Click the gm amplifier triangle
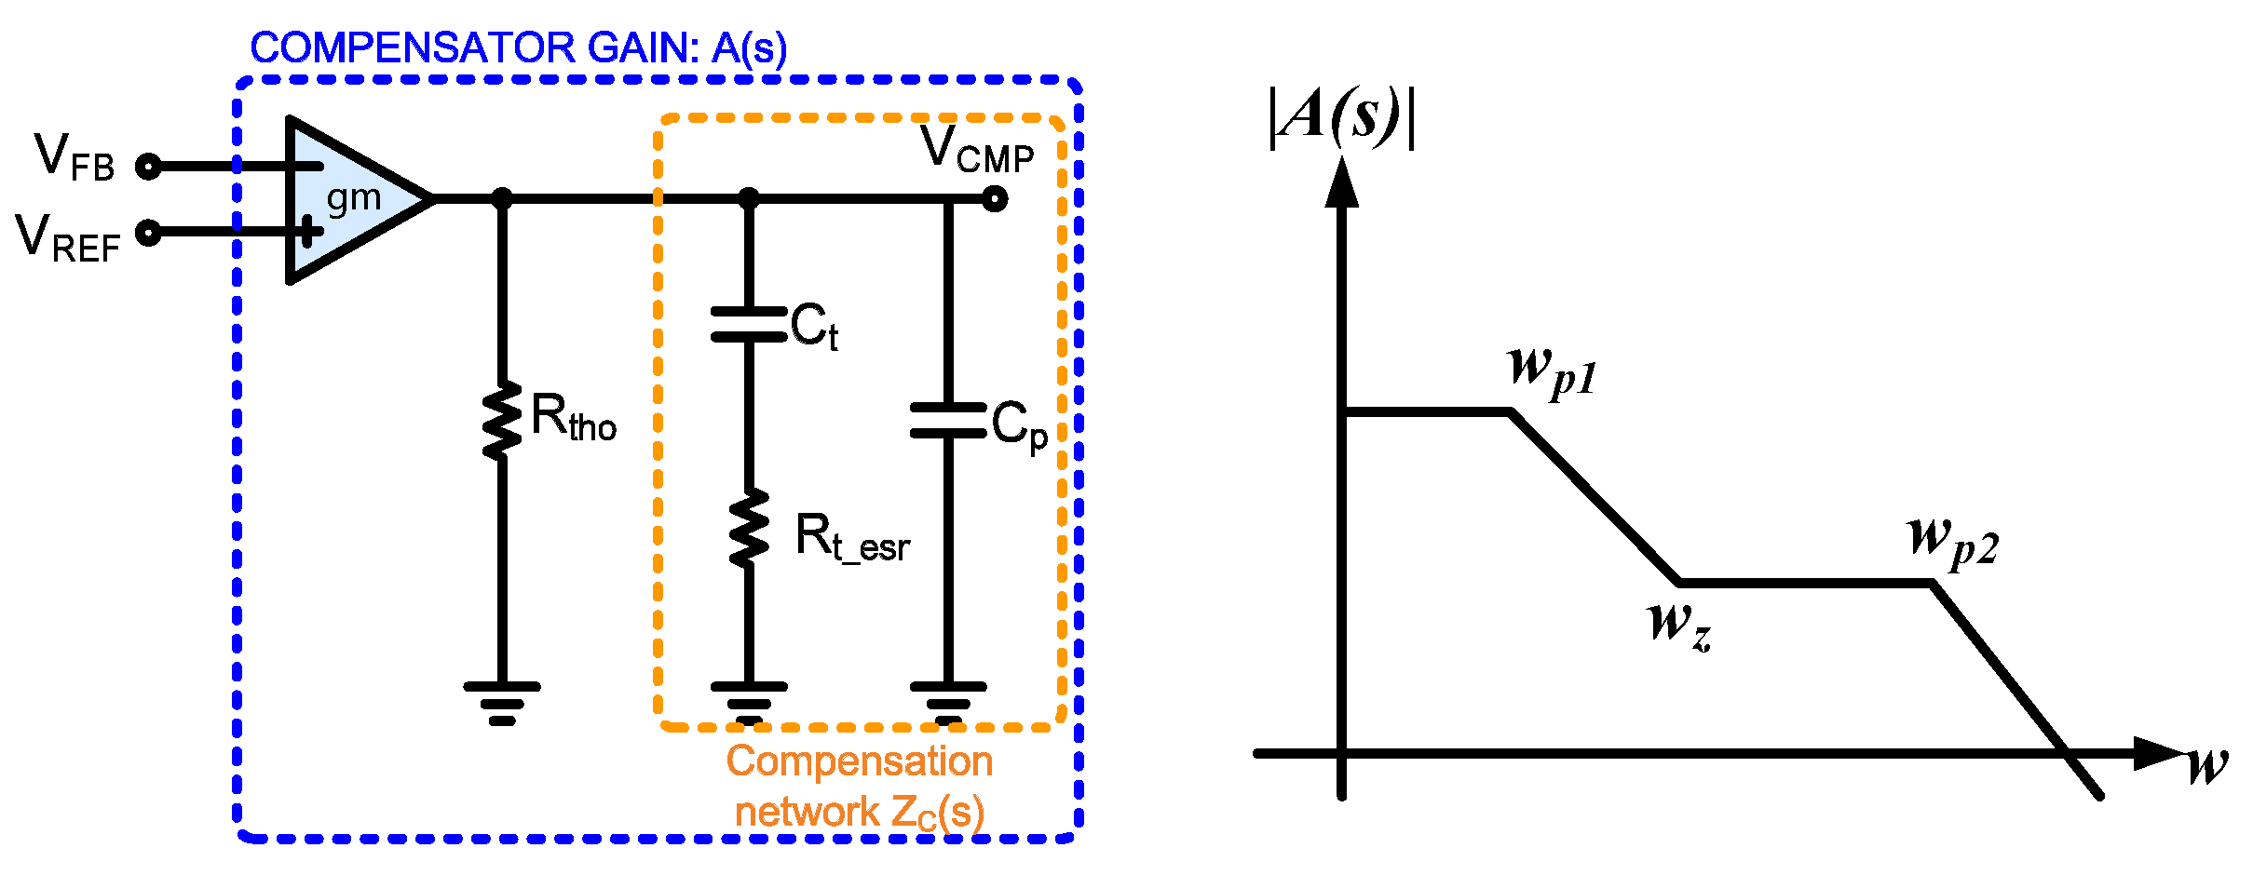349,199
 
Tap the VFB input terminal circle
148,167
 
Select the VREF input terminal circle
148,232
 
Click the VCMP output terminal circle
995,198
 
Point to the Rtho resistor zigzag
502,421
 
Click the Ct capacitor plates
749,324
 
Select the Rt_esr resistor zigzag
749,529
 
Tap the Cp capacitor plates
948,421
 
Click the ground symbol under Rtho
502,703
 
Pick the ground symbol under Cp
948,703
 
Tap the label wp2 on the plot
1952,541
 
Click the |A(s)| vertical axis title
1341,117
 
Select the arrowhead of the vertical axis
1341,182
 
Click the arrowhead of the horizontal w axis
2159,753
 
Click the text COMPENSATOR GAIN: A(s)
518,48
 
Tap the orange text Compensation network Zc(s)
859,787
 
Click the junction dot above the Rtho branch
502,198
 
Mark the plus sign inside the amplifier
307,231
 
